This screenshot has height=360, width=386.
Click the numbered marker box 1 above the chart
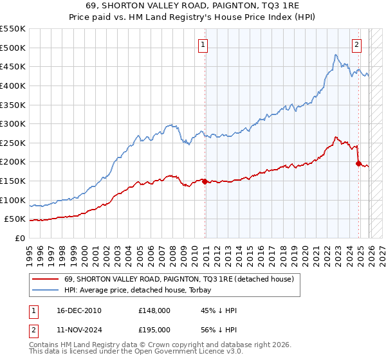point(203,45)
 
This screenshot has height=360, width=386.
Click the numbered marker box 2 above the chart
point(356,45)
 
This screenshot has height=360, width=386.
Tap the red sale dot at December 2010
point(205,182)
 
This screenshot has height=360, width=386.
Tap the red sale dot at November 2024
point(358,163)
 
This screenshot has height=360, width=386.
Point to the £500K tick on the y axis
point(13,48)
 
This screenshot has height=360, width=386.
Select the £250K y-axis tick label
point(13,143)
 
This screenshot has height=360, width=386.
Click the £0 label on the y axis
point(21,238)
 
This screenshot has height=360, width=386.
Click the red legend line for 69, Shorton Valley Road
point(45,279)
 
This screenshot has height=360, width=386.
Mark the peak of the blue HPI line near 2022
point(336,55)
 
